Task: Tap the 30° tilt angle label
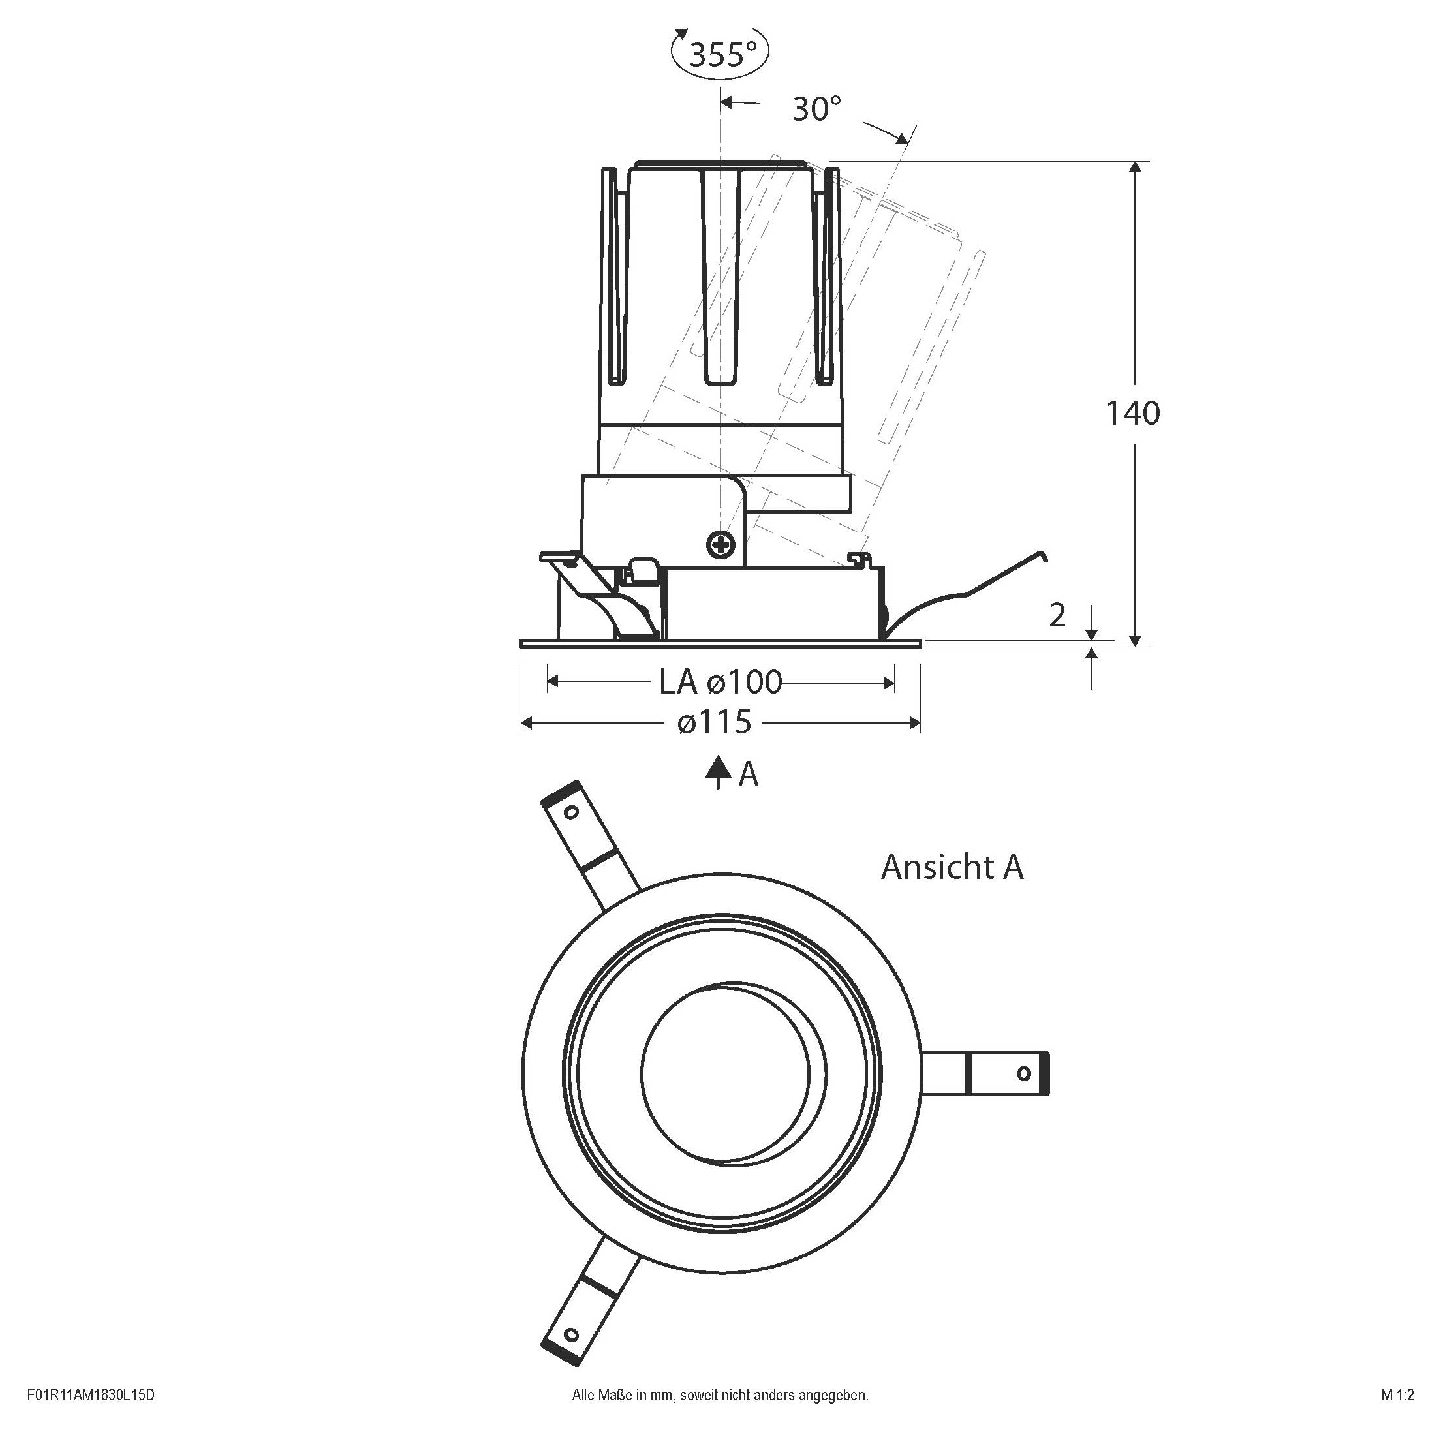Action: (816, 109)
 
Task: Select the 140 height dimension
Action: (1132, 413)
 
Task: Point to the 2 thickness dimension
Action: (1057, 615)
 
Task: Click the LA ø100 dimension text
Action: (720, 682)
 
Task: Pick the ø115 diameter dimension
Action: (715, 722)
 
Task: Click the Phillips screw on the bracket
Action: (720, 544)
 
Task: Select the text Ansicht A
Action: (952, 867)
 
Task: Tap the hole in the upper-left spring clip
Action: (571, 812)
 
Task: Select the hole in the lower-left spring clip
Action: (571, 1333)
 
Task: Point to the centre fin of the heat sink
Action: (721, 276)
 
